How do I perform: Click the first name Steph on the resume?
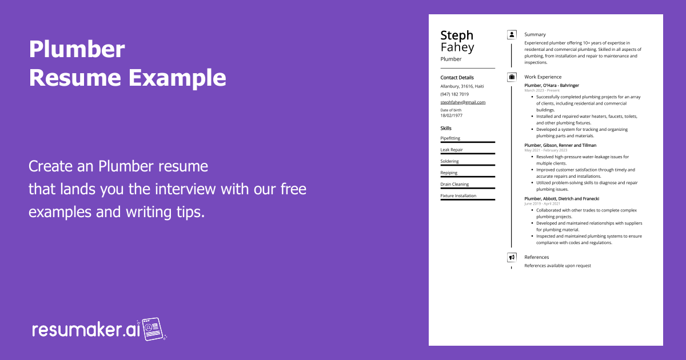(457, 35)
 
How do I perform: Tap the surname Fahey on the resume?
(457, 47)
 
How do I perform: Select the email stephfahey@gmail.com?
(462, 102)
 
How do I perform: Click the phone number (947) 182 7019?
(454, 94)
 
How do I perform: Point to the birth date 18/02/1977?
(451, 115)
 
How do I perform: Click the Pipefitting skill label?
(450, 138)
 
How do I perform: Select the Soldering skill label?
(449, 161)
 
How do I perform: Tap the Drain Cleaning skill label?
(454, 185)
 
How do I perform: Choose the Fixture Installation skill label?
(458, 196)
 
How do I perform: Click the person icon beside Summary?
(512, 35)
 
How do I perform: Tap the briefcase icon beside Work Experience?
(512, 77)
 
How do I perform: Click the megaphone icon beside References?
(512, 257)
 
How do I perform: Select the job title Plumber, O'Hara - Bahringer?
(551, 86)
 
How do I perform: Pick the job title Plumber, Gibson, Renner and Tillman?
(560, 145)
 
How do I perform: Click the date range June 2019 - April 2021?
(542, 203)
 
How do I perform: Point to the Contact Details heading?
(457, 78)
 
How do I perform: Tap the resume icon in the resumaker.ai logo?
(153, 329)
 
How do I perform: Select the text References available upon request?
(557, 266)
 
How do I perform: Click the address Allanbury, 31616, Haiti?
(462, 86)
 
